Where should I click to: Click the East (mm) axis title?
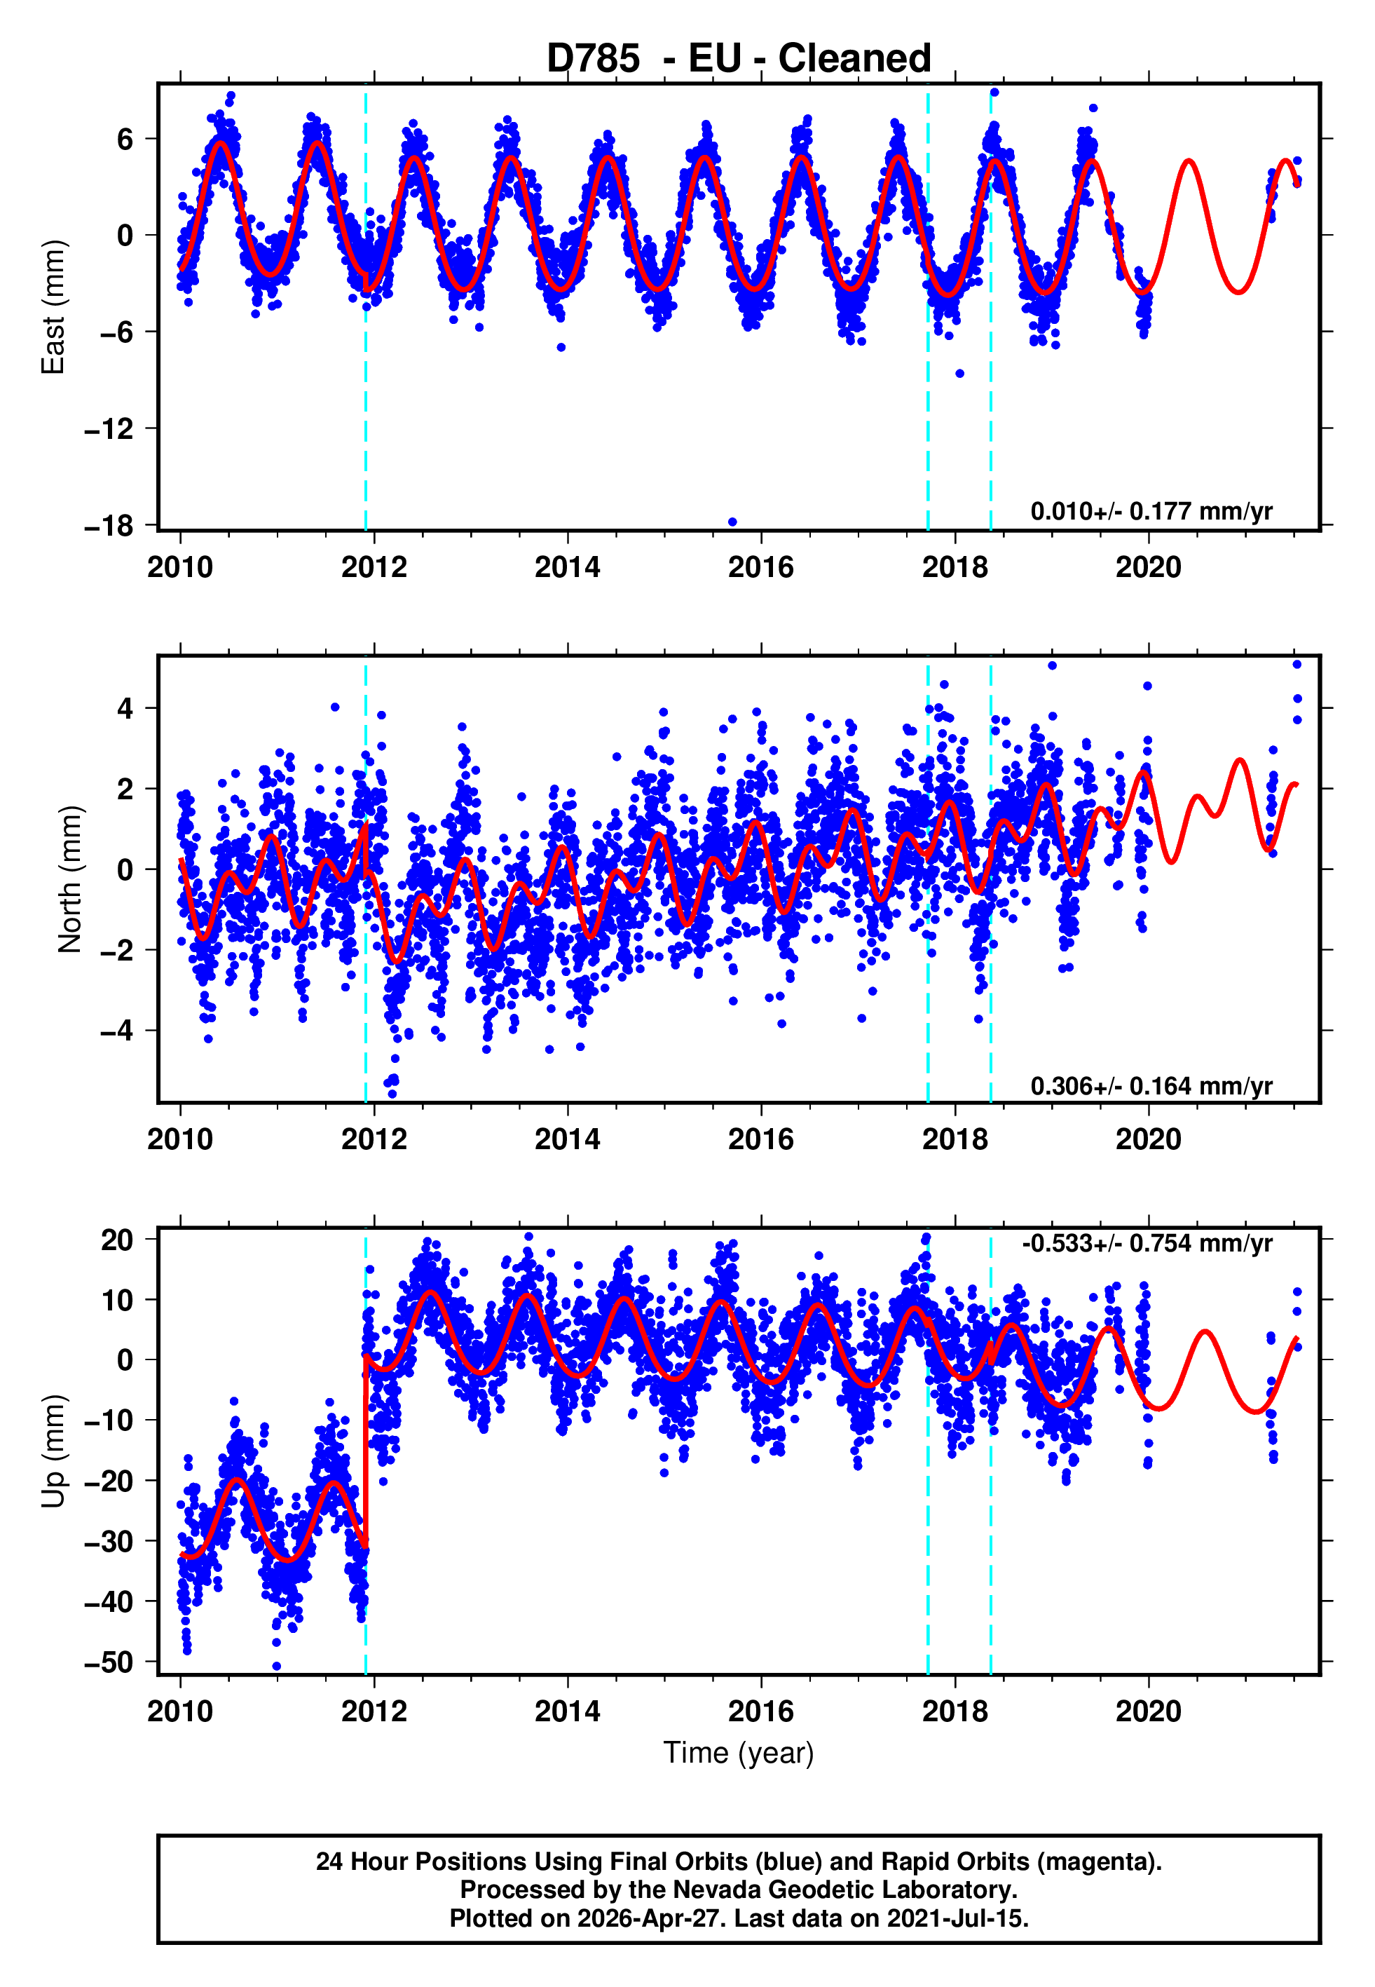tap(53, 308)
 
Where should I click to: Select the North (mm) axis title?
tap(70, 879)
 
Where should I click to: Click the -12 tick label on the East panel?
tap(109, 428)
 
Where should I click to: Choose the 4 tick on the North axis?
tap(125, 708)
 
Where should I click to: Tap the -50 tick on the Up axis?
tap(109, 1662)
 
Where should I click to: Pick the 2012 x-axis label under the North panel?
tap(374, 1139)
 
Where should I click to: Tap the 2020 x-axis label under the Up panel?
tap(1149, 1711)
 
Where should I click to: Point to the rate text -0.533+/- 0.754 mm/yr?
tap(1147, 1243)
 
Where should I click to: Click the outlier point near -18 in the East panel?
tap(732, 522)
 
